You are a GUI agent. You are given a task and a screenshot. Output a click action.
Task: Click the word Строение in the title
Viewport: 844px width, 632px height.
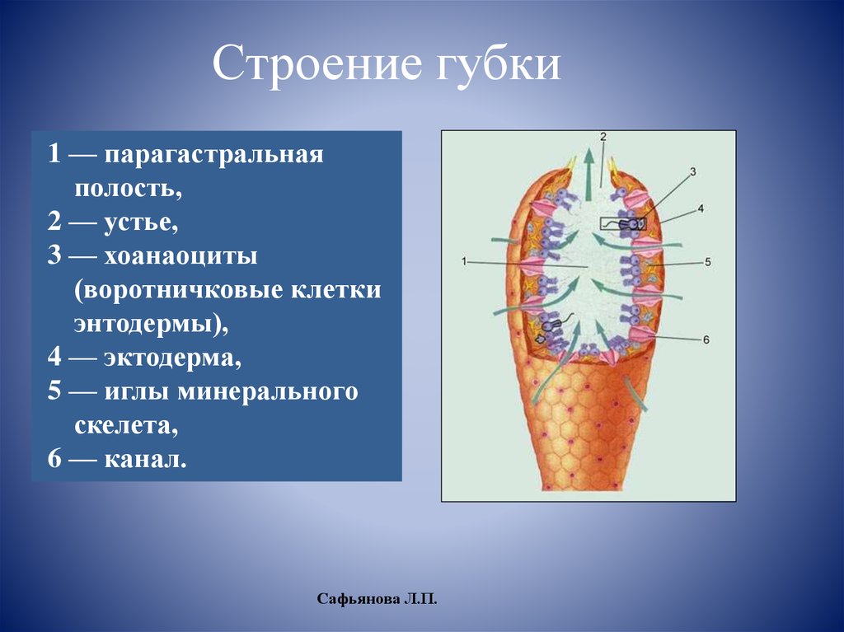pos(317,63)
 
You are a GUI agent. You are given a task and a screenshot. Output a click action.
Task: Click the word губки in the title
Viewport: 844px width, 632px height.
pos(498,63)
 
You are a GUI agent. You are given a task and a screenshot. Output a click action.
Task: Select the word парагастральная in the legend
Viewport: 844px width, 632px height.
pos(213,156)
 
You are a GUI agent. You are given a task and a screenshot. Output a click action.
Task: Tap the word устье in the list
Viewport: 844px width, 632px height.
pos(140,222)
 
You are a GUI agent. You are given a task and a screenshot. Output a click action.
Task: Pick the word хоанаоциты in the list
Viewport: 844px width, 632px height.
pos(181,255)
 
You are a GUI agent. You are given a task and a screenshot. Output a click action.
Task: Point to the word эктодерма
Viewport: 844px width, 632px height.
pos(172,358)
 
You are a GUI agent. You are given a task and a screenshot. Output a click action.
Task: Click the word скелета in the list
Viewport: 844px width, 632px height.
pos(126,426)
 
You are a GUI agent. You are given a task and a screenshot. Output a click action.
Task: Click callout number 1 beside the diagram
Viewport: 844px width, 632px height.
pos(464,262)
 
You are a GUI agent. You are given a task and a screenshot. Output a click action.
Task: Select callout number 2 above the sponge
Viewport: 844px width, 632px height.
pos(603,137)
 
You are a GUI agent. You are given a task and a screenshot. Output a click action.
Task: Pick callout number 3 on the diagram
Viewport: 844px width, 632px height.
pos(692,171)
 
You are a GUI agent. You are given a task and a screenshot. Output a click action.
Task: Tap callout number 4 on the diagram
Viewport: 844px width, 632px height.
pos(701,208)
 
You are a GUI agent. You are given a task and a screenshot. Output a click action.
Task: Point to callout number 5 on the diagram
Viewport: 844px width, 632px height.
pos(707,262)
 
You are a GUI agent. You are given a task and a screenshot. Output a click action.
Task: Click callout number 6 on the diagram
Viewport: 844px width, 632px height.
pos(706,339)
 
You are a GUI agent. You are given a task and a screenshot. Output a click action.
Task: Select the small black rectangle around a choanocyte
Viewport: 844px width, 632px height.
pos(623,223)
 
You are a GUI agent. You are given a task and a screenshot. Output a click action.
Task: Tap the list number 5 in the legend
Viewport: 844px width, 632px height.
pos(54,391)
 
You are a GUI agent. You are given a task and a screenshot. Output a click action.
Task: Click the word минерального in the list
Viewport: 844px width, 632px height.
pos(268,392)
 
